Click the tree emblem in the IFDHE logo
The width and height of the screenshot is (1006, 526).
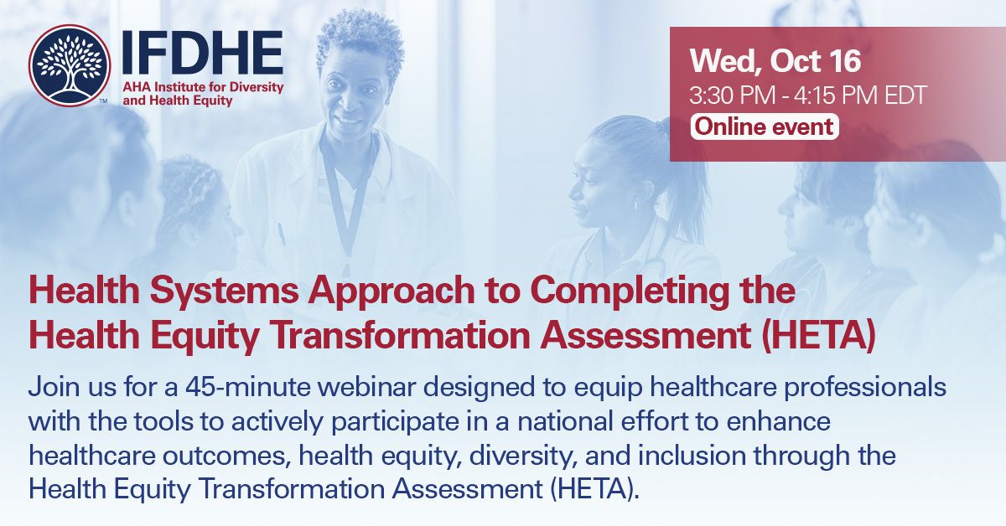coord(70,64)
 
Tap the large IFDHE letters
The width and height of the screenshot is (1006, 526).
coord(202,52)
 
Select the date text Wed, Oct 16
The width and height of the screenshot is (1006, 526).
coord(775,61)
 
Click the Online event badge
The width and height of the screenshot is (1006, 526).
coord(763,126)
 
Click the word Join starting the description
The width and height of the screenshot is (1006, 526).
coord(53,389)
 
